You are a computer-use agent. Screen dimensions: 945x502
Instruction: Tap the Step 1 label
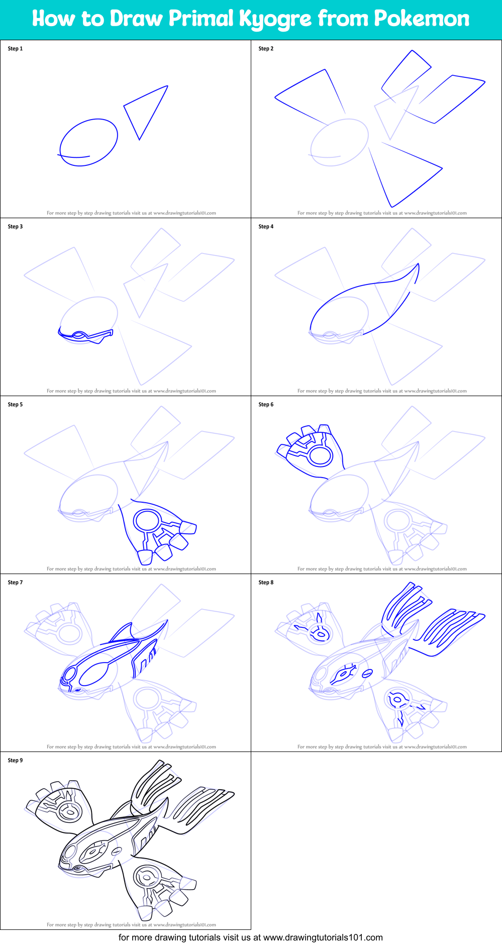click(x=15, y=49)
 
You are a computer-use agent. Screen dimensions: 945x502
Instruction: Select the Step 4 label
click(x=266, y=227)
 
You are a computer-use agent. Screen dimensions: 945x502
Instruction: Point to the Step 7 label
click(x=15, y=583)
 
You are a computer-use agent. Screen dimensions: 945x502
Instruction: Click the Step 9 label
click(x=15, y=761)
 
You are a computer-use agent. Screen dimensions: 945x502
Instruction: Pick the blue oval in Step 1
click(x=89, y=142)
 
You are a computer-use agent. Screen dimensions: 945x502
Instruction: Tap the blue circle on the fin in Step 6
click(x=320, y=456)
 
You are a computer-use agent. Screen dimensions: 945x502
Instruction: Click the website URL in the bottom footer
click(x=323, y=937)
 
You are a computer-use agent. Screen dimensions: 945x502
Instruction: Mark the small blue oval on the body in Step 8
click(x=367, y=673)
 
